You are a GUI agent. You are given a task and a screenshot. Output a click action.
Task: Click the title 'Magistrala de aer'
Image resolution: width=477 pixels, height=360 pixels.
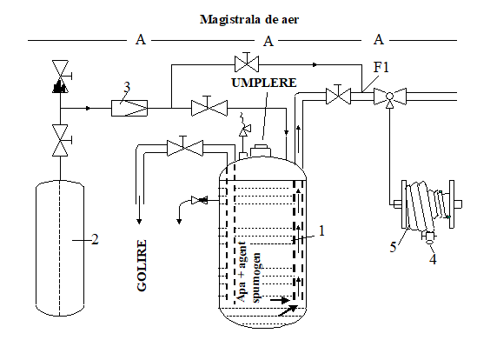tap(249, 19)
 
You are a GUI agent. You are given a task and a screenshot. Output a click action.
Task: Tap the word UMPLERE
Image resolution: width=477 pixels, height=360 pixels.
tap(264, 83)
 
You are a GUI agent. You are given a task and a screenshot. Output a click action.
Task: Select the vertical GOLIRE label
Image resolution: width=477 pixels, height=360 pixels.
tap(142, 265)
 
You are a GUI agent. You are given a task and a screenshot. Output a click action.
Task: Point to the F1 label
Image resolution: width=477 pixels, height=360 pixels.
tap(381, 67)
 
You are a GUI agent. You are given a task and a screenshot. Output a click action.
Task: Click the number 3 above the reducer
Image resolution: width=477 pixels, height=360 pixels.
tap(127, 87)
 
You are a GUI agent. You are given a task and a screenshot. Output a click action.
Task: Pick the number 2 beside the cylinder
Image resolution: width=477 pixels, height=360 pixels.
tap(95, 239)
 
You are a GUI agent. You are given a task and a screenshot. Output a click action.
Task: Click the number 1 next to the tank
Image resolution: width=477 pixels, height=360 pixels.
tap(321, 230)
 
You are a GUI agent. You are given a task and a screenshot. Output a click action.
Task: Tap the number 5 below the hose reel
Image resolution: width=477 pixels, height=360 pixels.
tap(393, 247)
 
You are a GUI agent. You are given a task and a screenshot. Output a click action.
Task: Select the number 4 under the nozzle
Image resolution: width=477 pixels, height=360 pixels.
tap(433, 259)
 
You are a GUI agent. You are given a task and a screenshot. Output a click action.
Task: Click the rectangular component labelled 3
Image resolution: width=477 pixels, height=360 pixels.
tap(129, 108)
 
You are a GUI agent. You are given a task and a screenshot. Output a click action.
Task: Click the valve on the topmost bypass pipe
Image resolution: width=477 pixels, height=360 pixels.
tap(247, 63)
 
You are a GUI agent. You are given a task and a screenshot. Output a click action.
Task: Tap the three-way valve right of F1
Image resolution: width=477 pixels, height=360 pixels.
tap(390, 97)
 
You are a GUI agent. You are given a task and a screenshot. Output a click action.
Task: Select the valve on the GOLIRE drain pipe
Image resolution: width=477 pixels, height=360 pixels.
tap(185, 147)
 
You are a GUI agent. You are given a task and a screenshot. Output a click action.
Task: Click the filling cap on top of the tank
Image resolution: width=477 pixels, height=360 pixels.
tap(261, 150)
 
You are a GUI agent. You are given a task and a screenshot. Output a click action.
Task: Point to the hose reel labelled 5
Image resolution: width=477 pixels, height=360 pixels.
tap(428, 204)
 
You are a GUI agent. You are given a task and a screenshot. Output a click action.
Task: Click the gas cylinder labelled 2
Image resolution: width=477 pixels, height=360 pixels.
tap(60, 248)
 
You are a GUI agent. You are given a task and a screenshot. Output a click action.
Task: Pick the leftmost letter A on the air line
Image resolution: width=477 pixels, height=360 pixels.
tap(141, 40)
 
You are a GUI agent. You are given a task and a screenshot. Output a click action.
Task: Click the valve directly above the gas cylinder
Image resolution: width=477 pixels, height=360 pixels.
tap(61, 140)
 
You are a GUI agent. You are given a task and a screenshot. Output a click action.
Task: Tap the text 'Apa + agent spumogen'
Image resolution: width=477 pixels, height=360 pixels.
tap(248, 272)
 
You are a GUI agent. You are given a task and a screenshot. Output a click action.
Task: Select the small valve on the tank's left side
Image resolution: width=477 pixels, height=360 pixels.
tap(199, 200)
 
